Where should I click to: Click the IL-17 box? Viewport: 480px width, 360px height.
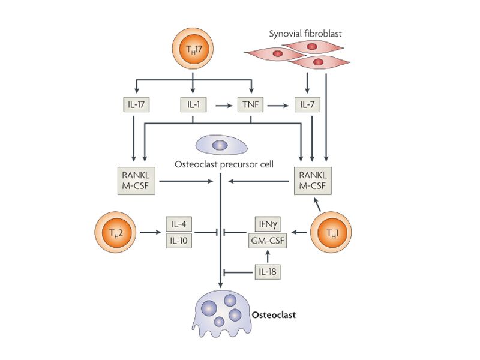click(136, 106)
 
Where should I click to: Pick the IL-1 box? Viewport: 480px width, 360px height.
click(193, 106)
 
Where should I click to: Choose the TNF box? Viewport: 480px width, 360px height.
click(250, 106)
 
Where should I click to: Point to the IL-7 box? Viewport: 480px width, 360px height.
click(308, 106)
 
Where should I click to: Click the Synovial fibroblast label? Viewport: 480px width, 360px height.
click(307, 34)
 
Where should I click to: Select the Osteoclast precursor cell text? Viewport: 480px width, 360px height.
click(223, 163)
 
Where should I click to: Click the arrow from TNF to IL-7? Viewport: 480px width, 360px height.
click(279, 106)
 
